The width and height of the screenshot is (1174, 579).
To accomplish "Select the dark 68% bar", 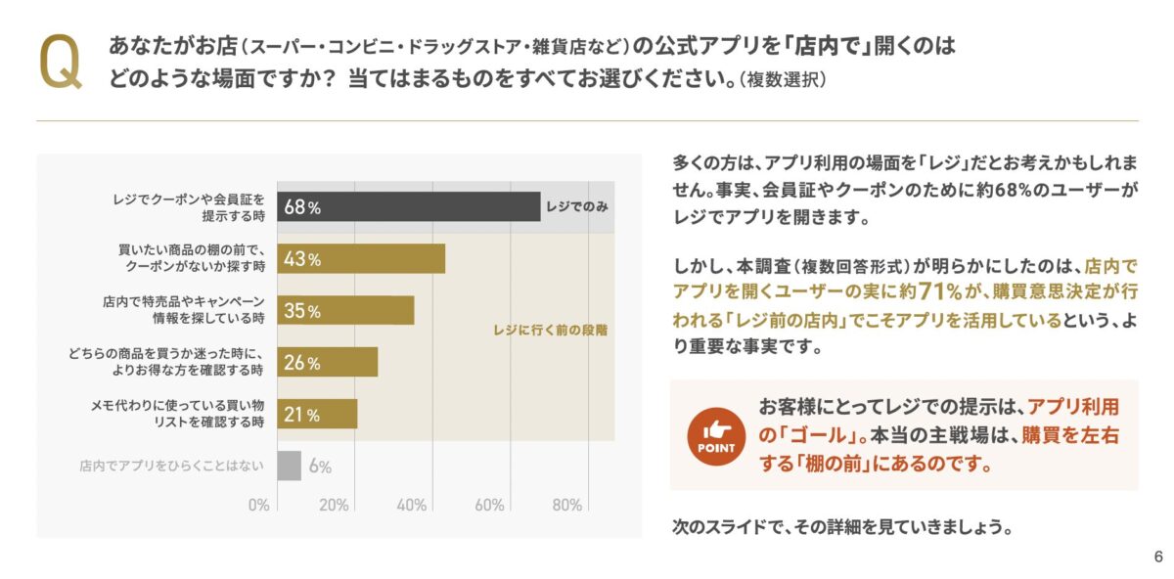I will (408, 206).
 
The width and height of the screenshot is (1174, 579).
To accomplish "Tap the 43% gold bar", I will (361, 259).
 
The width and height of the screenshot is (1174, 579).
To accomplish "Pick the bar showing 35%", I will (345, 311).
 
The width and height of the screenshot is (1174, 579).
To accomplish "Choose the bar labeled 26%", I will (327, 363).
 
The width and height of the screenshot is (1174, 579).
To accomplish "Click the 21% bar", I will (317, 415).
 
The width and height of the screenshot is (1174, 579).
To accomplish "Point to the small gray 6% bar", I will (290, 466).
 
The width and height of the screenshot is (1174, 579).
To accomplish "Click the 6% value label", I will (320, 467).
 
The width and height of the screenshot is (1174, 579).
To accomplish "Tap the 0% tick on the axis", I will (258, 505).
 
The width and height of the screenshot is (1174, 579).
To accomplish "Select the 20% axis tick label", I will (334, 505).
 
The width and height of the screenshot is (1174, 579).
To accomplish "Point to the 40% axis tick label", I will (412, 505).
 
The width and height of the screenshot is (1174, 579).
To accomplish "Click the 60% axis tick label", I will (489, 505).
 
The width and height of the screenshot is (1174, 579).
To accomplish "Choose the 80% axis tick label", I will (567, 505).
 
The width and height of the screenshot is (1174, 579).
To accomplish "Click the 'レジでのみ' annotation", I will (578, 206).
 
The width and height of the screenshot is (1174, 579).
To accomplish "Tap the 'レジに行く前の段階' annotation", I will (550, 331).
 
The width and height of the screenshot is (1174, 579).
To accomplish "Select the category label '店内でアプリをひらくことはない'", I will (171, 467).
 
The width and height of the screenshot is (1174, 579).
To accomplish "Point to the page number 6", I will (1158, 557).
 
